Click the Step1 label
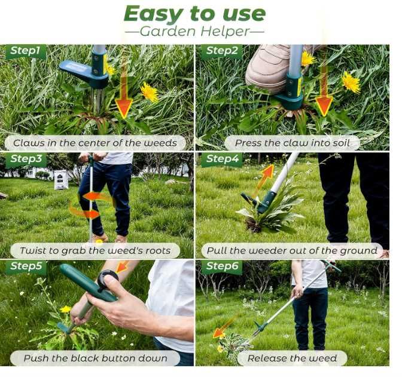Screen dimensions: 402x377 tap(25, 51)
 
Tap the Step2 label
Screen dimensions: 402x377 tap(222, 51)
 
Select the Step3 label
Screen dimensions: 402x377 tap(26, 159)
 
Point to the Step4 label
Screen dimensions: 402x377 tap(223, 159)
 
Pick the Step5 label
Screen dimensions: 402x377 tap(26, 266)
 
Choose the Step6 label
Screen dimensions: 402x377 tap(223, 266)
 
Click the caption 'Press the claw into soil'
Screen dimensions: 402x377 tap(293, 143)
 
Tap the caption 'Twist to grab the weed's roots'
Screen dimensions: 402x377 tap(95, 250)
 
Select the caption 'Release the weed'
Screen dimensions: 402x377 tap(292, 358)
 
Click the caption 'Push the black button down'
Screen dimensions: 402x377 tap(95, 358)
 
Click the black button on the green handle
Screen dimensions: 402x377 tap(108, 279)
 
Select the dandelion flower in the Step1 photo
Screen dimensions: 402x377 tap(150, 91)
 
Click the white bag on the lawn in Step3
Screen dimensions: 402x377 tap(61, 179)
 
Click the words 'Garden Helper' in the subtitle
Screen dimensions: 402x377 tap(194, 32)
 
